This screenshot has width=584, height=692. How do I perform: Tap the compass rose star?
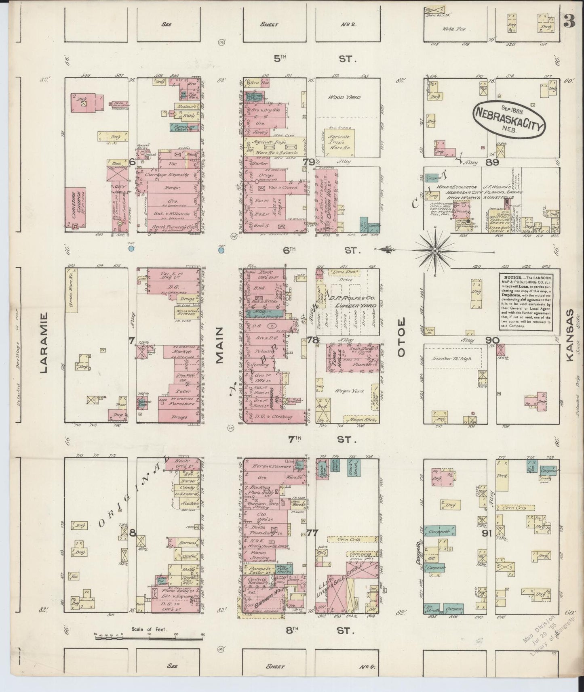[x=435, y=251]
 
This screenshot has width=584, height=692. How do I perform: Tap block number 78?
[x=312, y=340]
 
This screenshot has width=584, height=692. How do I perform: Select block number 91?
[x=486, y=533]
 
